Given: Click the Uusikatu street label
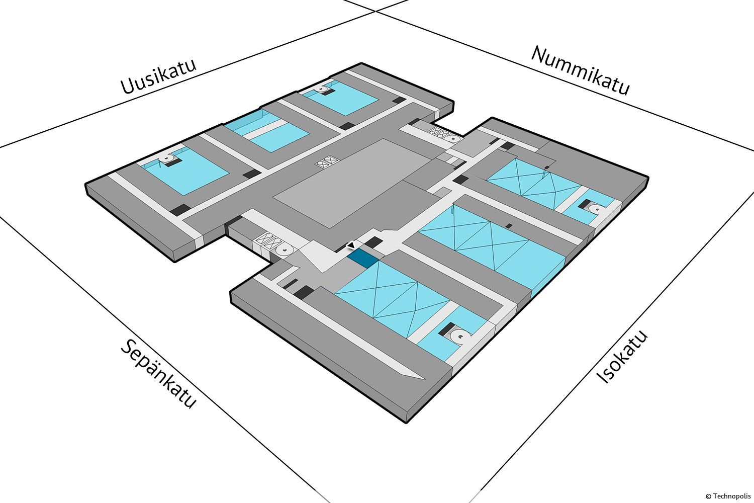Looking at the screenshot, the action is [x=158, y=76].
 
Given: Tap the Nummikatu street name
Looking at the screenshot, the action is [x=581, y=71].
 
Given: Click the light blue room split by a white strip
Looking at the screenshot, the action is [x=266, y=132].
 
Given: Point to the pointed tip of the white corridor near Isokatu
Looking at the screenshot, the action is [x=425, y=379].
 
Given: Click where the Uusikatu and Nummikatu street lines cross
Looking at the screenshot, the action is [x=375, y=11].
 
